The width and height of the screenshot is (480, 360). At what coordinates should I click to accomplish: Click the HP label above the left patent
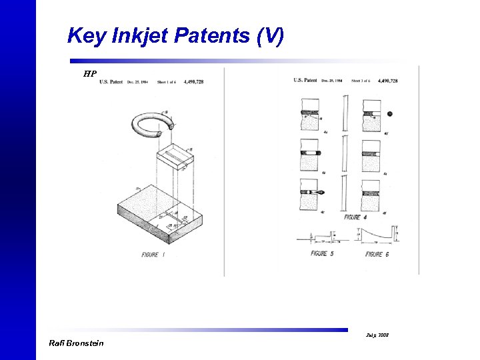pos(90,73)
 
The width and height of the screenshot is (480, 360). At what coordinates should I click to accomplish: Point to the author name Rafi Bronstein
pos(77,343)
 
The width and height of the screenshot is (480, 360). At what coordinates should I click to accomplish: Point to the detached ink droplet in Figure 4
pos(389,114)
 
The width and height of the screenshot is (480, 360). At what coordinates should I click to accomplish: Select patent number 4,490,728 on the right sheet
pos(387,81)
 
